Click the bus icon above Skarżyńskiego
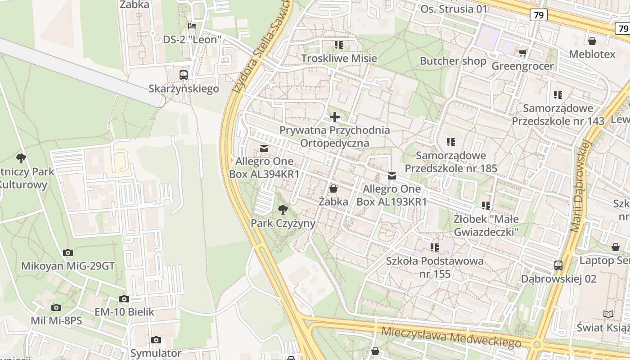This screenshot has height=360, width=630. point(184,75)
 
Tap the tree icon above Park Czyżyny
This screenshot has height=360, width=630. point(283,209)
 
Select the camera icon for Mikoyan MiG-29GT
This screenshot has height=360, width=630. point(68,252)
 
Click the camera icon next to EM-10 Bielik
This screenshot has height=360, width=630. point(124,299)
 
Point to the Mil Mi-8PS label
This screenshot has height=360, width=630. point(56,320)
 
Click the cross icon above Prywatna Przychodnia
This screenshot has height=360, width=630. point(335,117)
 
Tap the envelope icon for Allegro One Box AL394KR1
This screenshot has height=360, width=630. point(264,148)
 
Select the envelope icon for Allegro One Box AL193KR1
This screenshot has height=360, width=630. point(392,175)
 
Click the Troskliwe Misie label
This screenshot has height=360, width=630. point(339,58)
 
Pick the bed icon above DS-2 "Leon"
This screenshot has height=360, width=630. point(192,26)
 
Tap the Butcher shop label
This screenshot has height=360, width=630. point(453,61)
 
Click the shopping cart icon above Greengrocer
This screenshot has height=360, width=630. point(522,53)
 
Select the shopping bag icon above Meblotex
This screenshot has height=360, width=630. point(593,40)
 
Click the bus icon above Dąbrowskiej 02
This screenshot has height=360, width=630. point(558,265)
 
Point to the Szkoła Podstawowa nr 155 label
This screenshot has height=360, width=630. point(435,267)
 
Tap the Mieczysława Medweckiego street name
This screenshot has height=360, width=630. point(451,337)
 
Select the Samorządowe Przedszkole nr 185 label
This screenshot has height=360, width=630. point(451,162)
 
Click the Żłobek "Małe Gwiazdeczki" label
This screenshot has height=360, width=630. point(486,225)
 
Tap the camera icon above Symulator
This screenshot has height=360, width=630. point(156,340)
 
